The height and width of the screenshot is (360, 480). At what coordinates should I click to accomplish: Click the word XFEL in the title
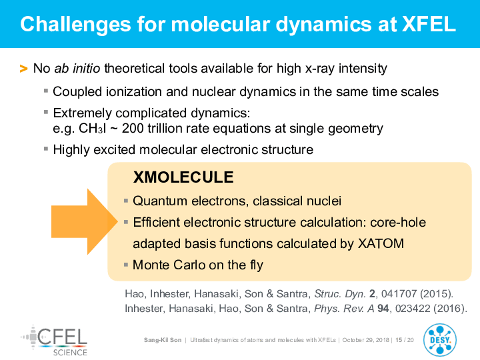point(429,24)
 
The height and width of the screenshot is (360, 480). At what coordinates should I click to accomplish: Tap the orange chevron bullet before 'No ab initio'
point(23,69)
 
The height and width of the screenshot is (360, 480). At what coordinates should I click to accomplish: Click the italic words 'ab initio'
point(77,68)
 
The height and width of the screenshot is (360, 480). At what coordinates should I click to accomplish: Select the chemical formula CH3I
point(92,128)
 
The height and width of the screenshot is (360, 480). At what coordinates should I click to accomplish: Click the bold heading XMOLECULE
point(183,177)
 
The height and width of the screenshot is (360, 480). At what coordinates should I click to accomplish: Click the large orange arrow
point(85,221)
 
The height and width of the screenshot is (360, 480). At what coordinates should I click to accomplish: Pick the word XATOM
point(381,244)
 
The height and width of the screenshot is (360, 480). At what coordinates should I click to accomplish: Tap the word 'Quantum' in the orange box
point(160,201)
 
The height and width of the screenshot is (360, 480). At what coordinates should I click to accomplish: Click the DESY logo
point(440,341)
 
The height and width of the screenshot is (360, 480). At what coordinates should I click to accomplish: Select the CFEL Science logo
point(54,341)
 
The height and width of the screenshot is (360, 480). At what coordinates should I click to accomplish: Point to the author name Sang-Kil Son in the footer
point(163,340)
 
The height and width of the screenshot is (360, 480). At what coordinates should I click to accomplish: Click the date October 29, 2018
point(365,340)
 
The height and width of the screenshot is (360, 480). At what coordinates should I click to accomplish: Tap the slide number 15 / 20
point(405,340)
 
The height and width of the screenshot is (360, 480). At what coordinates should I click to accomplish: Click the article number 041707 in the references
point(399,294)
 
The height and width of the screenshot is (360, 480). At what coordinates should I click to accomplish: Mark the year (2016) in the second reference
point(450,309)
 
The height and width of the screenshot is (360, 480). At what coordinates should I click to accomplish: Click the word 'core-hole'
point(398,223)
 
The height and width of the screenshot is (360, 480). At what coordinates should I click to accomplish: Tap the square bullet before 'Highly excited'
point(46,149)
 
